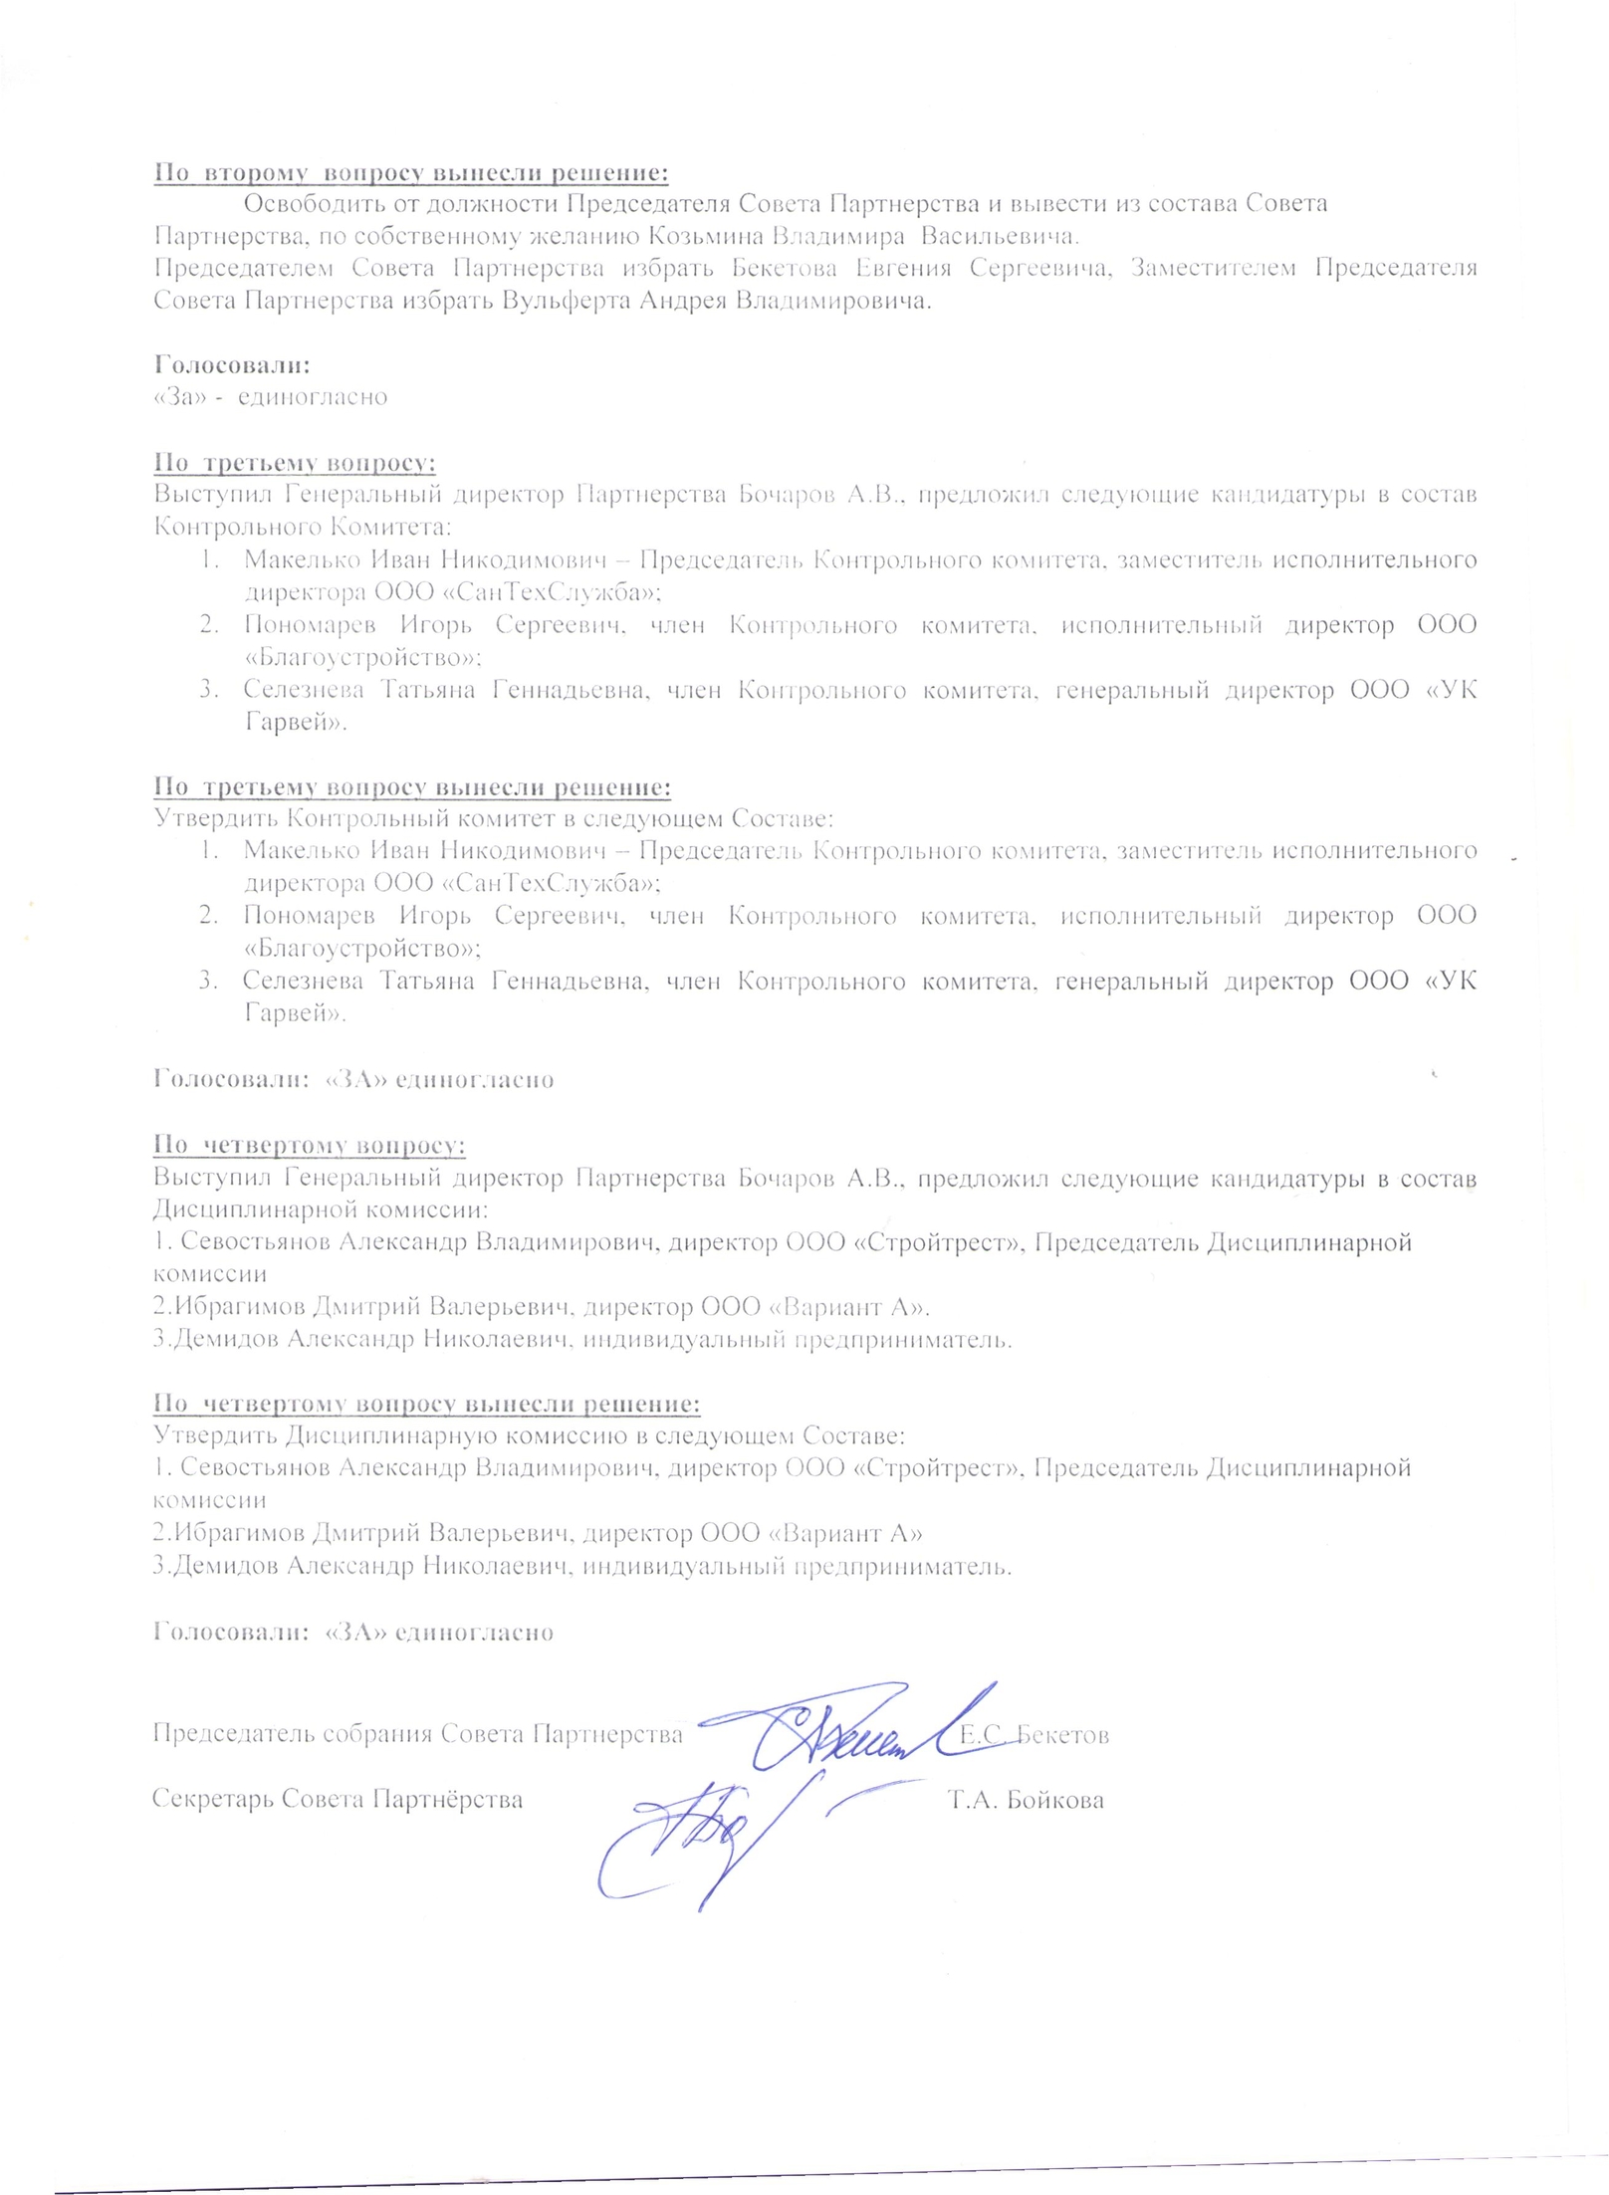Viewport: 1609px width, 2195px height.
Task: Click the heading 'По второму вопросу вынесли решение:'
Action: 410,172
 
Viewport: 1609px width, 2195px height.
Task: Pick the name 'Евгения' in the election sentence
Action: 904,268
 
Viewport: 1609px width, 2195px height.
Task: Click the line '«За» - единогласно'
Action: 270,396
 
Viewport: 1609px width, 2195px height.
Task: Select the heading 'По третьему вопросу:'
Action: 295,463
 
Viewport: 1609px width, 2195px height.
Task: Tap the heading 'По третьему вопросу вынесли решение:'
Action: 412,787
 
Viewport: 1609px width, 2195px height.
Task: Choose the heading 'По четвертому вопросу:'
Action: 310,1146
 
